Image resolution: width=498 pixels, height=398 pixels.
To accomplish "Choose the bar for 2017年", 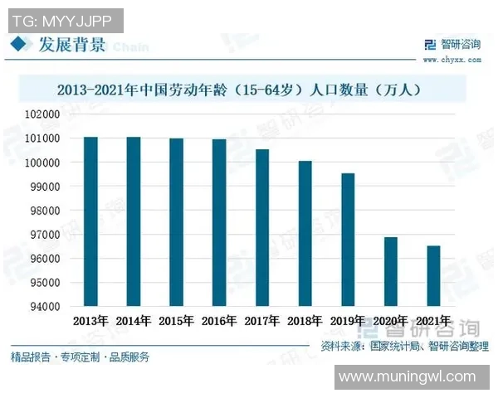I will point(262,227).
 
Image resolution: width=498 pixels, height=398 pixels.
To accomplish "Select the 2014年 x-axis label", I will point(133,320).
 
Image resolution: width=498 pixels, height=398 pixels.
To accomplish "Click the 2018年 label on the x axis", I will point(305,320).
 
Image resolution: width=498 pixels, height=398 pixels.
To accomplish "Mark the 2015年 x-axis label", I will point(176,320).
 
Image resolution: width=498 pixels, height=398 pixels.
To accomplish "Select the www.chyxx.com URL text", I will point(451,59).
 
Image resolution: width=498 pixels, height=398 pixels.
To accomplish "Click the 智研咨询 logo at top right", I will point(451,43).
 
